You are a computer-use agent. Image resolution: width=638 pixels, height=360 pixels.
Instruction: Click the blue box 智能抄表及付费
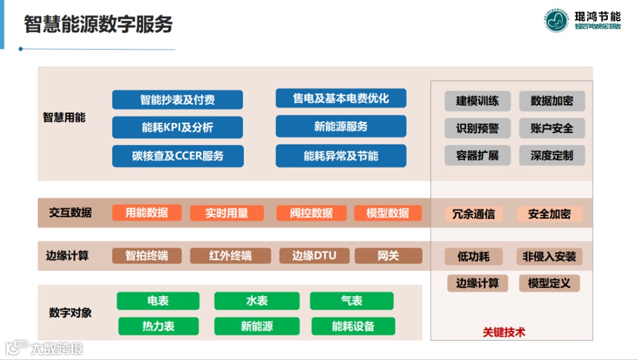point(177,100)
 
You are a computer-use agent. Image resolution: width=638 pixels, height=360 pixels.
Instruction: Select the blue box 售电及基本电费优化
point(341,98)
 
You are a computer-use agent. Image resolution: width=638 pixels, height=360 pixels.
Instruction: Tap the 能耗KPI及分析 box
point(177,127)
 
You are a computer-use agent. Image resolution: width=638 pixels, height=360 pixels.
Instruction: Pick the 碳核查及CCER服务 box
point(178,156)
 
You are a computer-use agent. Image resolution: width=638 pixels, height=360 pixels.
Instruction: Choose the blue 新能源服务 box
point(341,127)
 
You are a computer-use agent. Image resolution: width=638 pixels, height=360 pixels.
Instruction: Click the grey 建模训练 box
point(477,100)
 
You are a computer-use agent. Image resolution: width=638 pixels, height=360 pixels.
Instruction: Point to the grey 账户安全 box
point(552,128)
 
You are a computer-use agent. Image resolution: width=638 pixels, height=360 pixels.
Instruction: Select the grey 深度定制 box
point(552,156)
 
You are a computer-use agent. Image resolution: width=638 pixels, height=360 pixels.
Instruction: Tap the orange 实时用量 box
point(227,213)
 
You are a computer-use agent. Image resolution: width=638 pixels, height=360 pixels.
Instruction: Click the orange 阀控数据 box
point(311,213)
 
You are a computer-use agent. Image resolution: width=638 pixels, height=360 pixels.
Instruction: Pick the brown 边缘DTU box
point(314,256)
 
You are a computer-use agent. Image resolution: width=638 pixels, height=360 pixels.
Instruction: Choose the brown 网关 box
point(388,256)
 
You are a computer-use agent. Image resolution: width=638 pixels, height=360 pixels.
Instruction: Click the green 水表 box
point(256,301)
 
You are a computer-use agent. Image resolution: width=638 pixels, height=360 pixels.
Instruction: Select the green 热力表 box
point(158,326)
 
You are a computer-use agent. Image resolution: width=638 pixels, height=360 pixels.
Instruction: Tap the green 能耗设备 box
point(353,326)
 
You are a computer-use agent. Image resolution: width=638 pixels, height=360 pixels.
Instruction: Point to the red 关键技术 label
point(504,332)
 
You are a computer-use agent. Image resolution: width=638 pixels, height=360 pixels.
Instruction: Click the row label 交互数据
point(70,213)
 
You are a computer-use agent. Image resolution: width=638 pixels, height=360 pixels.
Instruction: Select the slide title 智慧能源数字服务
point(98,24)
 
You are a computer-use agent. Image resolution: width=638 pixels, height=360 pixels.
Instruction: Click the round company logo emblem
point(556,21)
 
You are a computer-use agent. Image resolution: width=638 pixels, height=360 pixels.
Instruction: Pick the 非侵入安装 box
point(549,257)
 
